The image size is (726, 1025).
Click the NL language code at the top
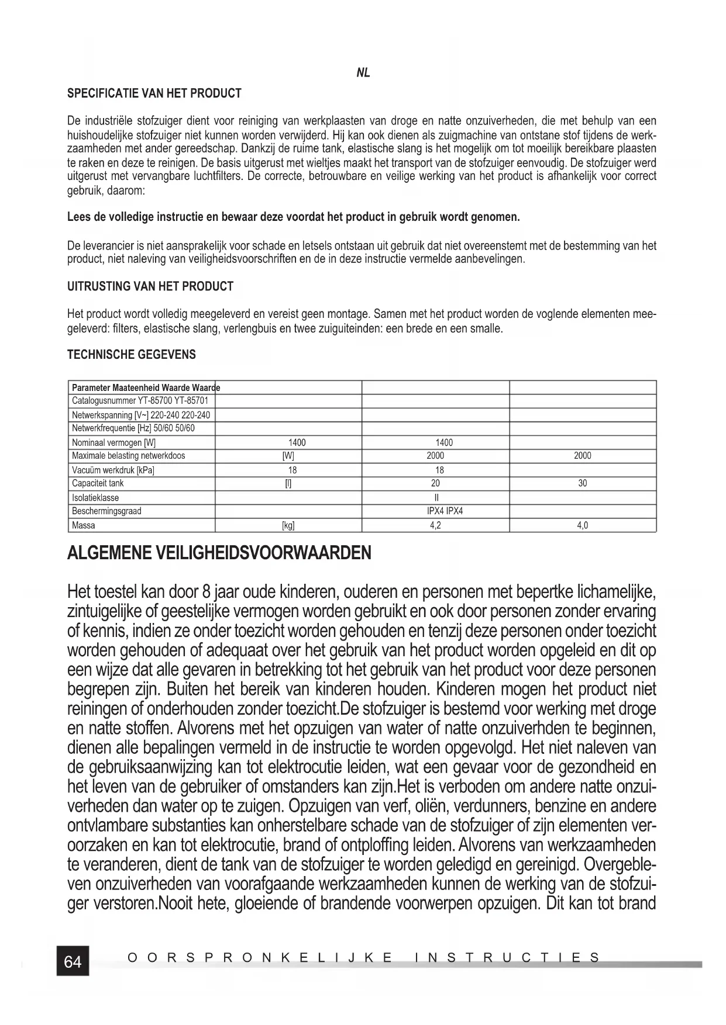[x=363, y=73]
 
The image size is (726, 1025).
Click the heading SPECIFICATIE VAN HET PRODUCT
[x=154, y=94]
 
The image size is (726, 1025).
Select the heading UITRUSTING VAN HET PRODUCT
[x=150, y=286]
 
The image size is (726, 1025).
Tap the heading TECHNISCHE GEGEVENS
[x=132, y=355]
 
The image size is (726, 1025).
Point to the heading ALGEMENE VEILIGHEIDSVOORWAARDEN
[x=219, y=553]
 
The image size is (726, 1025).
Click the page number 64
[x=73, y=961]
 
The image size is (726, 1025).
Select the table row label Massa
[x=84, y=525]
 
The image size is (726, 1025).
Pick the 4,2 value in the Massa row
[x=435, y=525]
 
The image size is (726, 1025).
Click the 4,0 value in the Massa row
[x=582, y=525]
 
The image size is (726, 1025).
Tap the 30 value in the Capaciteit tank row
[x=582, y=483]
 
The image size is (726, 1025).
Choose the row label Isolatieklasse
[x=95, y=498]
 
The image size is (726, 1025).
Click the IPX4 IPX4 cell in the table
[x=445, y=511]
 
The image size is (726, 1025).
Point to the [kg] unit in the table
[x=288, y=525]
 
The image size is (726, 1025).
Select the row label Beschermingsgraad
[x=106, y=511]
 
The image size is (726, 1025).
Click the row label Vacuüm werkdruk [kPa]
[x=113, y=470]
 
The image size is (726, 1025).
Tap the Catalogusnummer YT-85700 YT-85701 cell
[x=140, y=401]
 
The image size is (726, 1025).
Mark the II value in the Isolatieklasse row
[x=436, y=498]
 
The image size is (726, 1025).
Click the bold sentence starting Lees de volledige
[x=294, y=217]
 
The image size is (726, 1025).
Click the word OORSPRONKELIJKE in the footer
[x=260, y=958]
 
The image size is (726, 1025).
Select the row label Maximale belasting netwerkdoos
[x=128, y=456]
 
